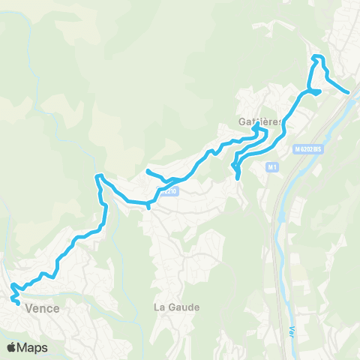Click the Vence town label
point(43,307)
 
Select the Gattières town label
point(260,121)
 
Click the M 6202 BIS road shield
point(307,149)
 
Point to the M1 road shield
point(271,166)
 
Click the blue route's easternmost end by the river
point(348,93)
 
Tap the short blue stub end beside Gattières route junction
point(319,92)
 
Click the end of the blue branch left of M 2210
point(147,172)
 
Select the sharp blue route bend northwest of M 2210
point(97,177)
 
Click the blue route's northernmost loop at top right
point(317,58)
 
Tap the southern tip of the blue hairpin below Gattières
point(238,178)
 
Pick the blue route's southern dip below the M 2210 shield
point(148,206)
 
